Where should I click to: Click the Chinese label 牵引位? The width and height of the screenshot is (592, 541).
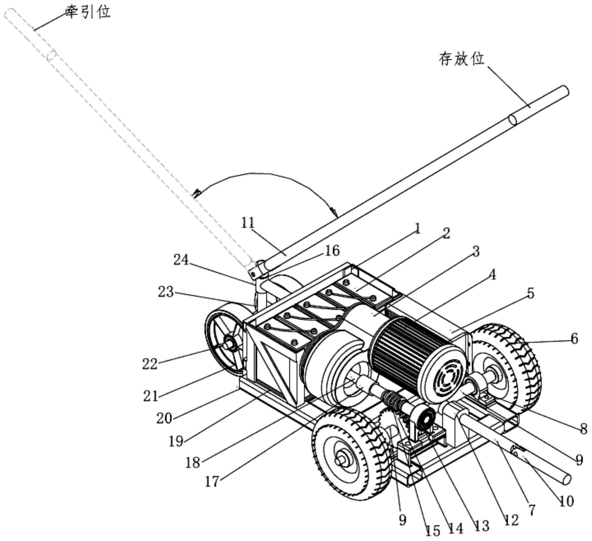88,12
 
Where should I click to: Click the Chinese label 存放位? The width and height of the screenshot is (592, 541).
462,59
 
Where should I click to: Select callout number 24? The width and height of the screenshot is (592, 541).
181,260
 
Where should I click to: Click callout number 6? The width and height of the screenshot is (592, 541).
574,338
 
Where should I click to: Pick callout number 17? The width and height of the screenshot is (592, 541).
212,482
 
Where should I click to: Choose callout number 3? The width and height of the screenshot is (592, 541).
476,251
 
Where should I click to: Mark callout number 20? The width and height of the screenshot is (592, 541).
164,418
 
